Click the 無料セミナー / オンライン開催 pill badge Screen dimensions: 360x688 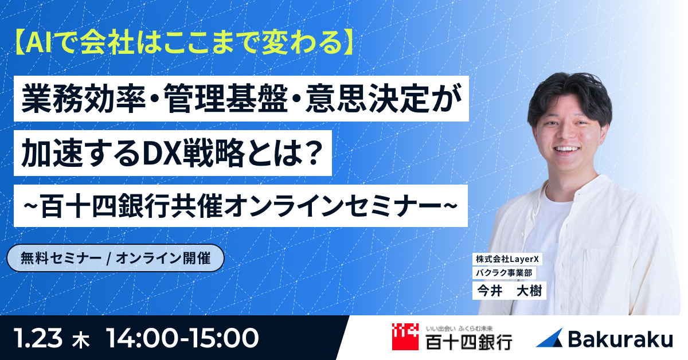pyautogui.click(x=114, y=259)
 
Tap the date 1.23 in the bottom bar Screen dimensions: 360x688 pyautogui.click(x=42, y=338)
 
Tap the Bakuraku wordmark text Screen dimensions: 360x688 pyautogui.click(x=620, y=339)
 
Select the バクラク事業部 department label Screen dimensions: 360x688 pyautogui.click(x=499, y=273)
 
